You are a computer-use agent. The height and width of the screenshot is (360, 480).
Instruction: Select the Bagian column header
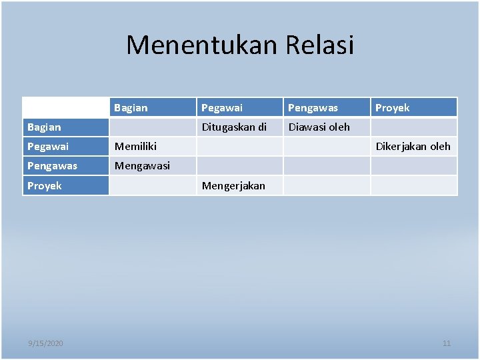click(x=131, y=107)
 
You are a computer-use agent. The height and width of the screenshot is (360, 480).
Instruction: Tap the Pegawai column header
click(x=222, y=107)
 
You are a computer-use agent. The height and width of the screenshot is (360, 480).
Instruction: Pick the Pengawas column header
click(x=312, y=107)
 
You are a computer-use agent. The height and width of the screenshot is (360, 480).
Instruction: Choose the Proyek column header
click(x=393, y=107)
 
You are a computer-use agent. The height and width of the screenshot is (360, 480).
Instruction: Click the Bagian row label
click(x=44, y=127)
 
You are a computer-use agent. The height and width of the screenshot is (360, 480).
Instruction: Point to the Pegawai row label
click(x=48, y=146)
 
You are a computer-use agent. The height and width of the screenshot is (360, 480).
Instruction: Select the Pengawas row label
click(x=52, y=165)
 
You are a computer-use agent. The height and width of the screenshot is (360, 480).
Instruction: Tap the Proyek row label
click(x=45, y=185)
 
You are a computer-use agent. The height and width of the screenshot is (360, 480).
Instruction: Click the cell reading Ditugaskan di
click(x=234, y=127)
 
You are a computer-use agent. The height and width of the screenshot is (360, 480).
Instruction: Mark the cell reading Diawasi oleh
click(x=319, y=127)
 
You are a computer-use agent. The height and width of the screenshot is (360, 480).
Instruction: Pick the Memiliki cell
click(x=136, y=146)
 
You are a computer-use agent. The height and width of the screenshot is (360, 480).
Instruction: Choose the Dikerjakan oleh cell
click(x=413, y=146)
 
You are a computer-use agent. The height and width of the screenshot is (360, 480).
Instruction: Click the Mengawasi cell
click(x=142, y=165)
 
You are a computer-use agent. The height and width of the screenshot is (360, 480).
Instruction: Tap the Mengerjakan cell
click(x=233, y=185)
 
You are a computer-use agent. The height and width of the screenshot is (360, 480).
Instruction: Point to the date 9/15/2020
click(x=46, y=343)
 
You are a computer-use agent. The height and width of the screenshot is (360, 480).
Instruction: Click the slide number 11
click(x=447, y=343)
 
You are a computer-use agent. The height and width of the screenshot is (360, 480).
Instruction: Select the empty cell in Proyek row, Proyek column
click(x=414, y=185)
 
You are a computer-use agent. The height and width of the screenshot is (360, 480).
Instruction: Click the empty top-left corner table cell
click(x=65, y=107)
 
